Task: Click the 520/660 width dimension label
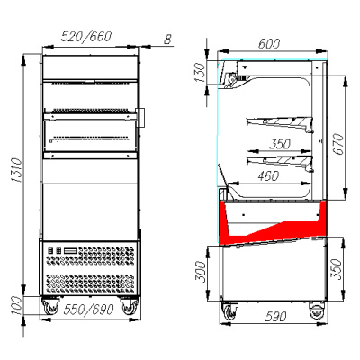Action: [86, 36]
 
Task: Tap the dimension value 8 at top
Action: [168, 39]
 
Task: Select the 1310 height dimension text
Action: [16, 170]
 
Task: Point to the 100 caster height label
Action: [16, 306]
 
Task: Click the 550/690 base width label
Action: [88, 310]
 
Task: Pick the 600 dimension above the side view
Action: [269, 44]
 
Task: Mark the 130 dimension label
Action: [200, 72]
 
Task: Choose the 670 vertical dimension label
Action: [338, 144]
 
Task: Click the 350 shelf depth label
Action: [280, 144]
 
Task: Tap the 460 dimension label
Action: [268, 176]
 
